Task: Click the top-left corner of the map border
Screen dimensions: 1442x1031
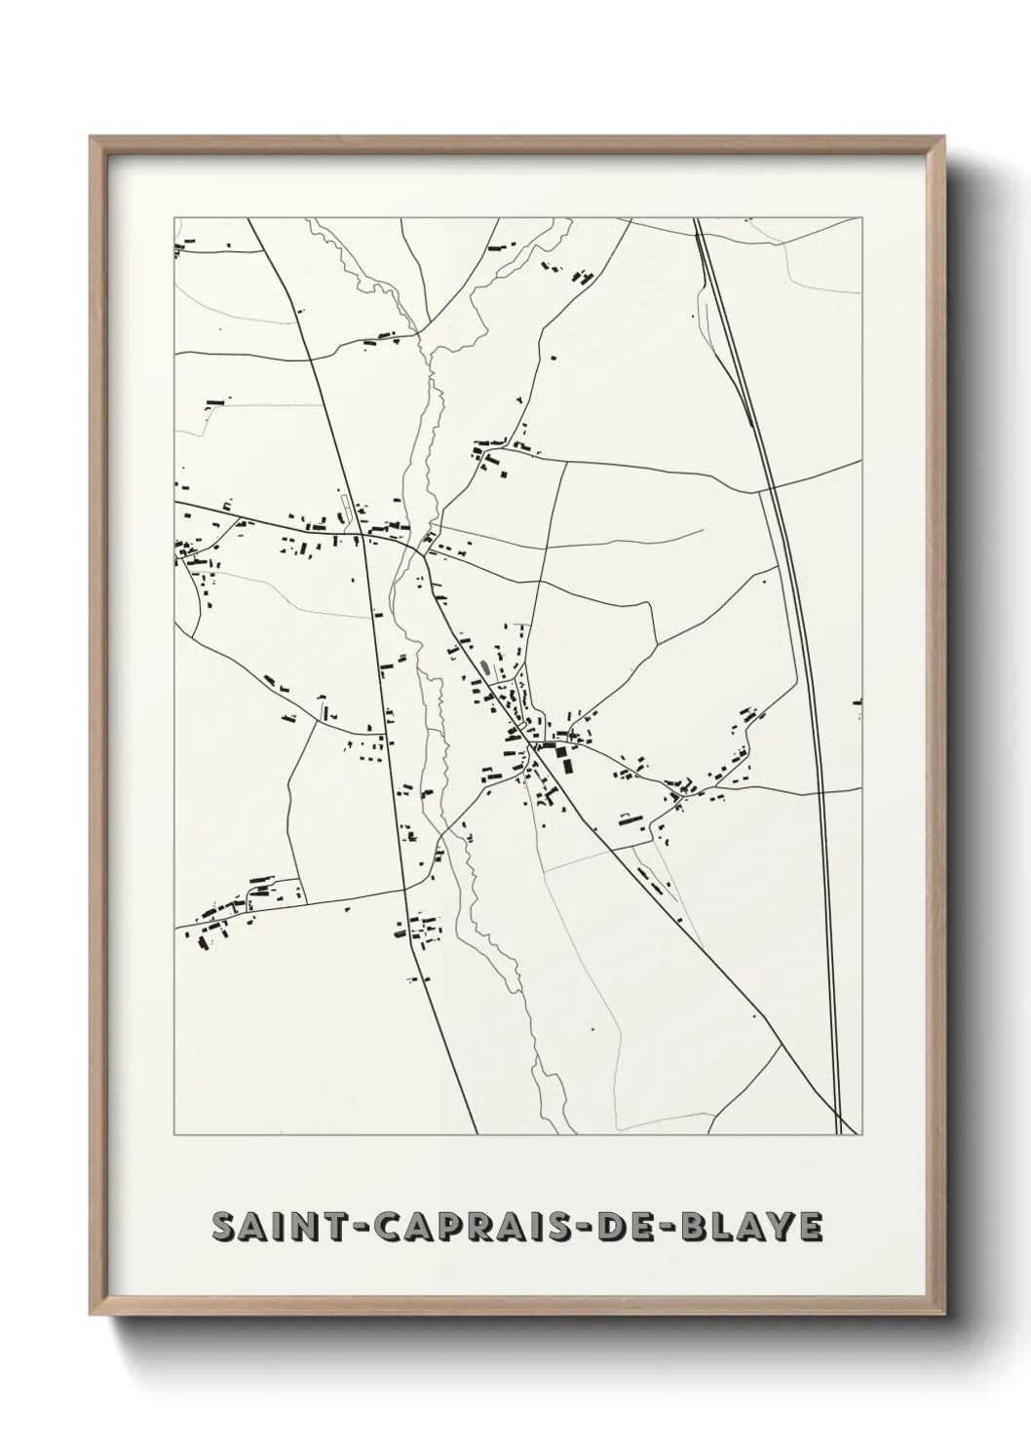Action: [x=174, y=217]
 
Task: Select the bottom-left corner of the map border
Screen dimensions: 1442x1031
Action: [x=174, y=1135]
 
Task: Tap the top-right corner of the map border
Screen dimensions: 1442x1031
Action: [x=862, y=217]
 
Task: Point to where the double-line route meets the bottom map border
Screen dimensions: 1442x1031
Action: [x=838, y=1135]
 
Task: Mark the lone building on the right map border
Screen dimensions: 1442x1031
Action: [x=859, y=702]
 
